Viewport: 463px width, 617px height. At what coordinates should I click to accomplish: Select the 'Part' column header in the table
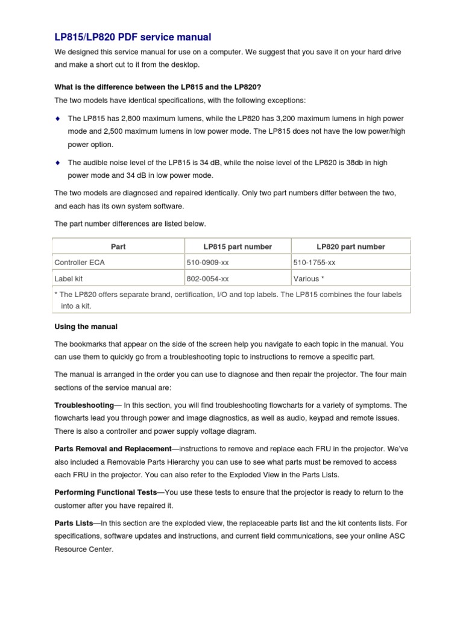118,246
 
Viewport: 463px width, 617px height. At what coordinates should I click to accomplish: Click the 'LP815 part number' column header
237,246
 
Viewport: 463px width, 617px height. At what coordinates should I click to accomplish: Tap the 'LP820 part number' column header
351,246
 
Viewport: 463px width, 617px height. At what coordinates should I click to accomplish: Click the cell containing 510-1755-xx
314,263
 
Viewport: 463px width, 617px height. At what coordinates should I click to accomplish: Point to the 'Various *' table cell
309,279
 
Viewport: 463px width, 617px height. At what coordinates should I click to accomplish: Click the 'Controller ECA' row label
79,263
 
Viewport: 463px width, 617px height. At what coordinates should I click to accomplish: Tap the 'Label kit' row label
69,279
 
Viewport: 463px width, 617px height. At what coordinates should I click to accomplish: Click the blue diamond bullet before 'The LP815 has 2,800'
58,118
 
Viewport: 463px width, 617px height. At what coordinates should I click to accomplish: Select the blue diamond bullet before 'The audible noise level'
58,163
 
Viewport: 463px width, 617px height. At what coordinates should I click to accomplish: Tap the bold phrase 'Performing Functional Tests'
106,492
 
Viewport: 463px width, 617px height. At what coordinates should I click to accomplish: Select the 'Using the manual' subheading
86,327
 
